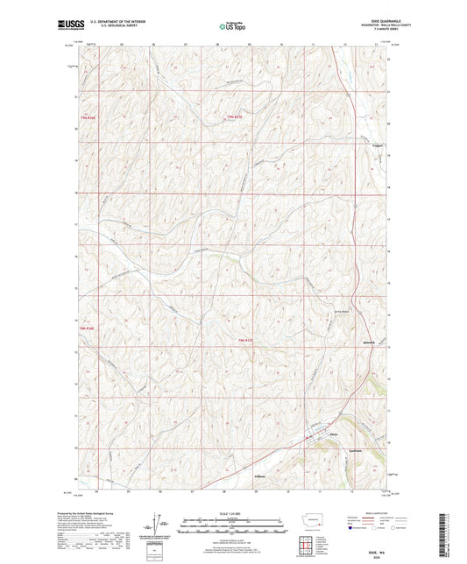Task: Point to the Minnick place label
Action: [369, 343]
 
